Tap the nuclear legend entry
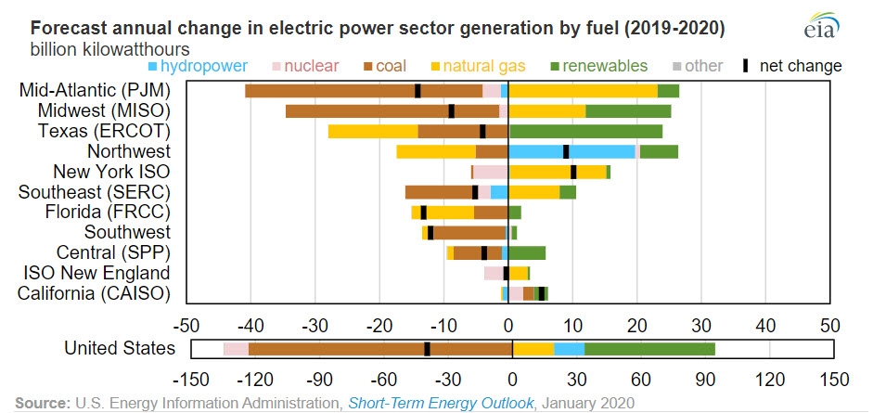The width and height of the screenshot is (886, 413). click(311, 66)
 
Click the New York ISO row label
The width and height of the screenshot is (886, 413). click(112, 172)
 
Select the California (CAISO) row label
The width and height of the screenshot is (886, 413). click(95, 293)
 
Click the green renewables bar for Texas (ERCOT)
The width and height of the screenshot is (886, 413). click(585, 131)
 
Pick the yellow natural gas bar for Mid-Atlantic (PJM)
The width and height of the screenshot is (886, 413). click(583, 90)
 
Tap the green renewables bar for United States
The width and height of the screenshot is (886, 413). click(649, 349)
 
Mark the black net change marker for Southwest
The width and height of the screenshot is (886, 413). click(430, 232)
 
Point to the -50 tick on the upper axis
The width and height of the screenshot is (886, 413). click(186, 327)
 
